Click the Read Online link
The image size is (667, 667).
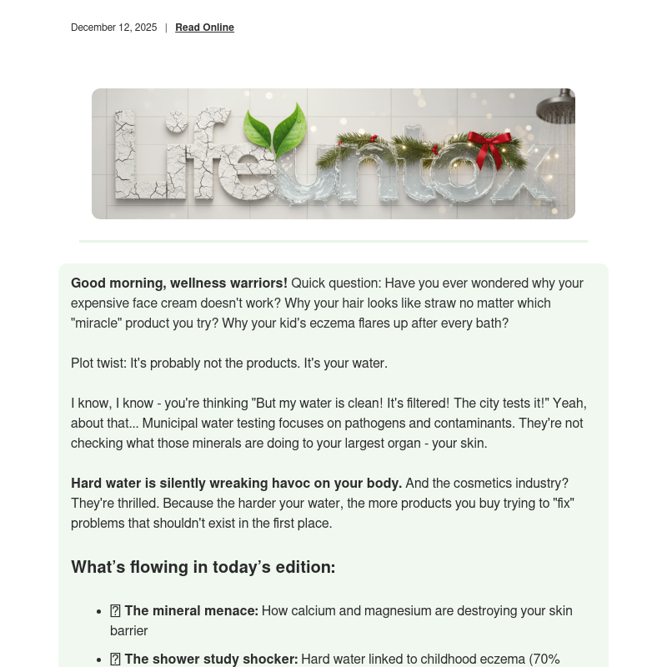click(x=204, y=28)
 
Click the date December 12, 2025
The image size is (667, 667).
click(x=113, y=28)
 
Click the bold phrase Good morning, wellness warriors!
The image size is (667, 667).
click(x=179, y=283)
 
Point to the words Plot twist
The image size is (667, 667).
click(x=99, y=364)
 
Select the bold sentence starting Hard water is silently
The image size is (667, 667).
click(x=236, y=484)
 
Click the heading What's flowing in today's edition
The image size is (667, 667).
click(x=203, y=568)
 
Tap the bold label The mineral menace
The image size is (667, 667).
click(x=191, y=611)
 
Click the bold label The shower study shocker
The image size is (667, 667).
click(x=211, y=659)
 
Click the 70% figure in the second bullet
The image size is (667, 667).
click(x=546, y=659)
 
